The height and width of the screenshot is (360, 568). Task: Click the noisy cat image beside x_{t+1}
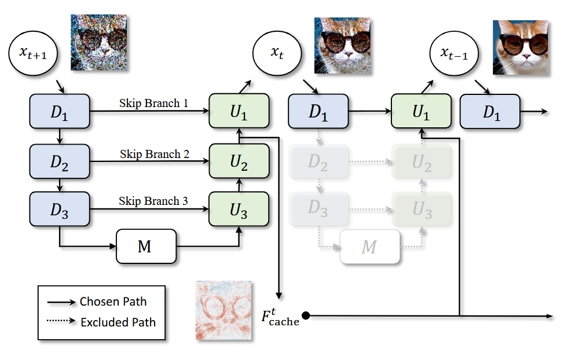pos(99,42)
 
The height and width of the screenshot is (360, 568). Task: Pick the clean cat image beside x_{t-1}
pos(521,47)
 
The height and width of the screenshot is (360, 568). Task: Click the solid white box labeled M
pos(146,247)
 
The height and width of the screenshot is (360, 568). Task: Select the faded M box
pos(370,247)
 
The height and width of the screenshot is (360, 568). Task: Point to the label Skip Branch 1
pos(153,103)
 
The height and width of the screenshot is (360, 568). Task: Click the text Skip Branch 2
pos(155,155)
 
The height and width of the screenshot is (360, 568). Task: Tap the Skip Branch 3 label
pos(153,201)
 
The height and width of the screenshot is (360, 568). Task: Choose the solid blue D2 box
pos(60,161)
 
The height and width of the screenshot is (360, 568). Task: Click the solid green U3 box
pos(239,210)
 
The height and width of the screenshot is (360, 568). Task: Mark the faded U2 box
pos(422,161)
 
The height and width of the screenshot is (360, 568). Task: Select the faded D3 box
pos(319,210)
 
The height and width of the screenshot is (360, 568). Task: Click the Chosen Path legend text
pos(113,302)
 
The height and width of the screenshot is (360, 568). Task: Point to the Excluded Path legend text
pos(118,322)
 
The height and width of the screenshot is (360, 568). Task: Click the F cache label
pos(280,317)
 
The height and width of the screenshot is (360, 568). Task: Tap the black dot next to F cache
pos(306,316)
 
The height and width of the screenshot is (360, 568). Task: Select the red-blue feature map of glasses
pos(223,310)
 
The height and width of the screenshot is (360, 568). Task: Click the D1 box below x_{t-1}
pos(490,112)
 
